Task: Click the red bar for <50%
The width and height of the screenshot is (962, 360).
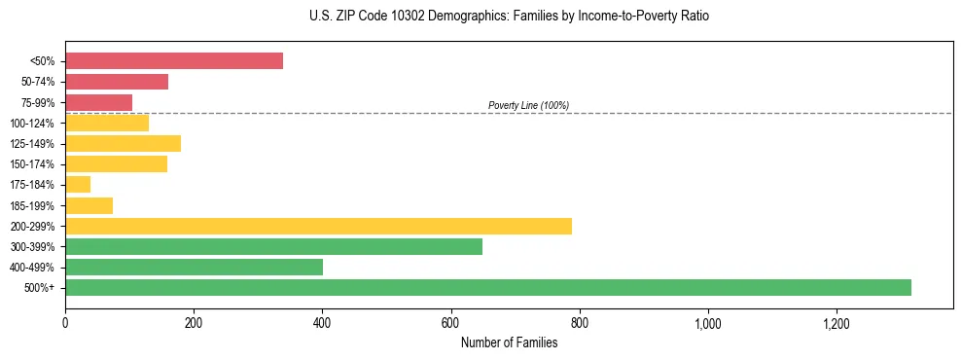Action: (174, 61)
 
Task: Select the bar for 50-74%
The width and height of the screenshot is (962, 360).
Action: (117, 82)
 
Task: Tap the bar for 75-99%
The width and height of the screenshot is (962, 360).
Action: (98, 102)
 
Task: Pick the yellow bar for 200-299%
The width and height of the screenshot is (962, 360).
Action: (318, 226)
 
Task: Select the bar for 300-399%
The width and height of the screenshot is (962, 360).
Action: (273, 246)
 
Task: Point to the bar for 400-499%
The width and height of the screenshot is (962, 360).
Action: (194, 267)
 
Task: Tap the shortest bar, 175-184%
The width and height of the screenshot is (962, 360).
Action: (78, 185)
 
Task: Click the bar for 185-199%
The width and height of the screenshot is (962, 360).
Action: (89, 205)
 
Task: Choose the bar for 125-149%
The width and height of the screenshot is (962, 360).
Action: (123, 144)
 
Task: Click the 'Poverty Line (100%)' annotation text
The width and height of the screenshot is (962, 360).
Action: (528, 105)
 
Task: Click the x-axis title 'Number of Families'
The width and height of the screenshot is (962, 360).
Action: (509, 342)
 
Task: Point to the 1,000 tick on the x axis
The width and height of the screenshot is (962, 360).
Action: (707, 322)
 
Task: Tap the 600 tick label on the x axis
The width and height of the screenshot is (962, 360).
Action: (450, 322)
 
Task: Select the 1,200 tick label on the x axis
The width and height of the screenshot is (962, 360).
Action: (836, 322)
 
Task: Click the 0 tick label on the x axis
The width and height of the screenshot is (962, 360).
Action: (65, 322)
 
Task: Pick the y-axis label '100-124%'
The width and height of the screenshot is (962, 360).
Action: (32, 124)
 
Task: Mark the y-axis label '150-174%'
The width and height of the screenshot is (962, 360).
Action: (32, 164)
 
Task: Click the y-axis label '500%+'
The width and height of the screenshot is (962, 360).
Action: (39, 288)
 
